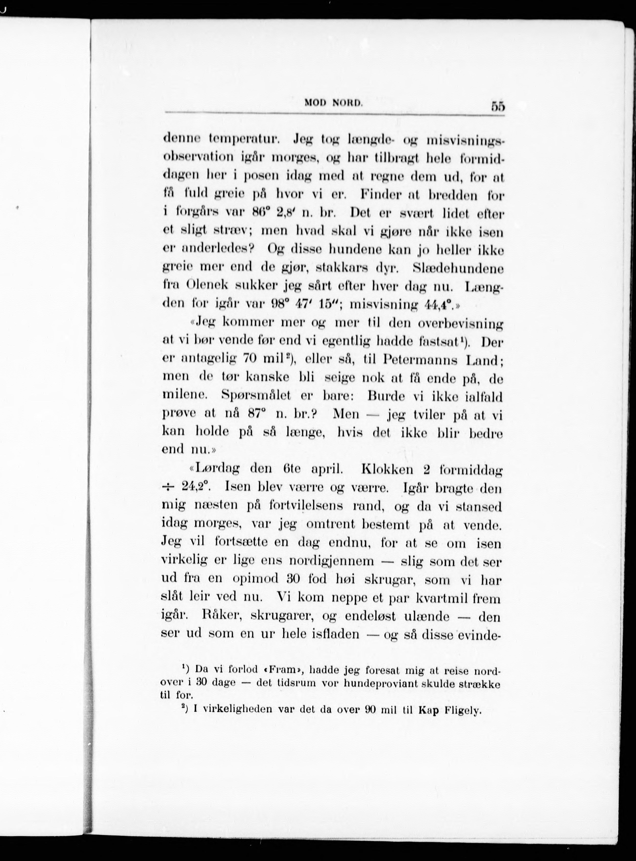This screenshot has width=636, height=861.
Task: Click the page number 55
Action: (x=497, y=106)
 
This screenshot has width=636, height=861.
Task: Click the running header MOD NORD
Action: (x=333, y=103)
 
